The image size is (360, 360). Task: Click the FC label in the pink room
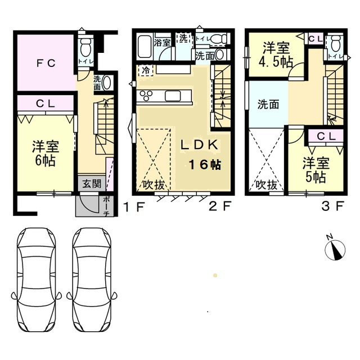pos(46,63)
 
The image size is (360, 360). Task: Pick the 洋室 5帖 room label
pos(315,170)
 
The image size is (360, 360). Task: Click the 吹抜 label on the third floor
pos(266,184)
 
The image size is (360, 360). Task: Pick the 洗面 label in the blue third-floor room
pos(268,104)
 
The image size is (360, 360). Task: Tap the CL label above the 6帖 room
pos(45,103)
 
